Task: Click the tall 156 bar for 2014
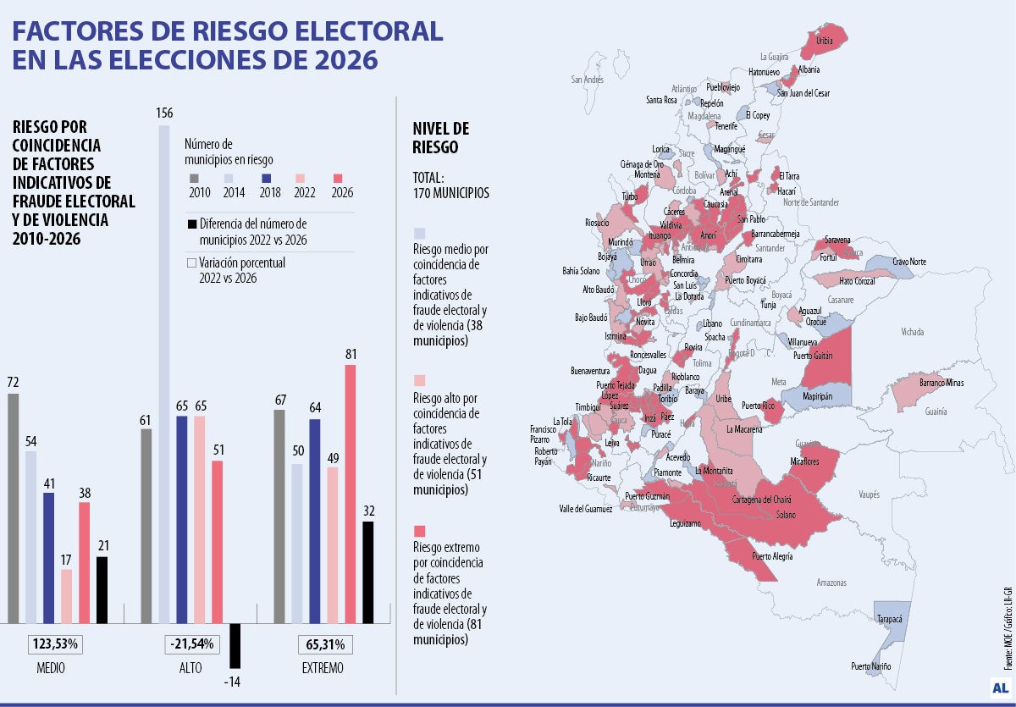pos(165,373)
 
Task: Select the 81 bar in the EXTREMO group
pos(350,494)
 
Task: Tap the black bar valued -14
pos(235,645)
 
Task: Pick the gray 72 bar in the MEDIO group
pos(13,508)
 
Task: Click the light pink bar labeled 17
pos(67,596)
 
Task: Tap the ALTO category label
pos(190,668)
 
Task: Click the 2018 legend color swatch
pos(266,178)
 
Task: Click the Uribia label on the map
pos(825,40)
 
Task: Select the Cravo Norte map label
pos(910,262)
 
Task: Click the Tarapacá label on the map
pos(890,619)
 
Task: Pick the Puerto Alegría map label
pos(772,556)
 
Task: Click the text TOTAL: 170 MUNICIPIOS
pos(450,185)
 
